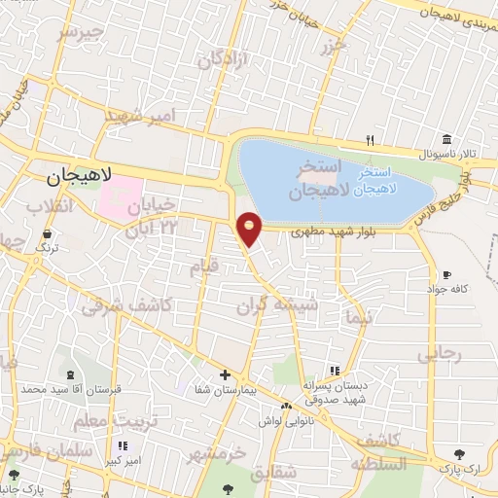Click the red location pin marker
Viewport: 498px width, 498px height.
coord(250,228)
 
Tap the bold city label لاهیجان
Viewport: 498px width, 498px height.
coord(81,176)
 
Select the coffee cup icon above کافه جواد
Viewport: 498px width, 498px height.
coord(446,275)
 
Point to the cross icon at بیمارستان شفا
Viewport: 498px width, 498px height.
coord(225,374)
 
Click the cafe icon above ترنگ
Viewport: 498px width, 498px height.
coord(47,233)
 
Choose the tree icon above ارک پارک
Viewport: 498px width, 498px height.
coord(458,454)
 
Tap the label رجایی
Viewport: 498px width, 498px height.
coord(437,355)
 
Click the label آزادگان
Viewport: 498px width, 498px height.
coord(225,58)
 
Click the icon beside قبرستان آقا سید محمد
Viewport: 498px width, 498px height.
coord(68,375)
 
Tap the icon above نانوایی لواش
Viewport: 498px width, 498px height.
coord(286,406)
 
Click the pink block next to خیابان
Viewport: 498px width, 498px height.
coord(119,197)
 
